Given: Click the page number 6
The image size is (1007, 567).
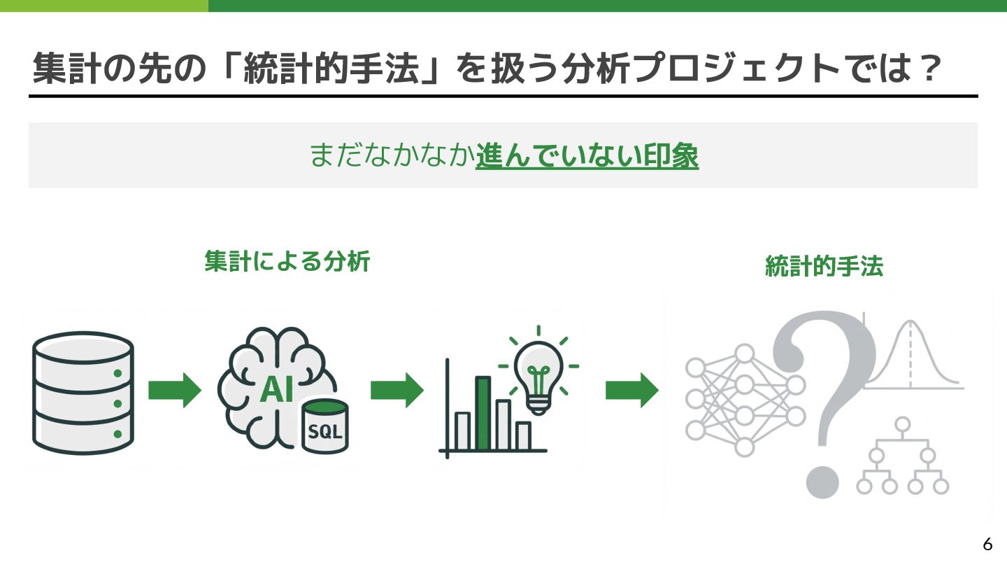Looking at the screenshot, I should coord(987,544).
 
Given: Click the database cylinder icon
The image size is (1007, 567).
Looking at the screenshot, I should coord(83,393).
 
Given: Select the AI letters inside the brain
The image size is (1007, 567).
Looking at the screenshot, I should coord(277,390).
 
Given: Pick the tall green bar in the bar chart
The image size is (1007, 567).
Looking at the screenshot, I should coord(483,413).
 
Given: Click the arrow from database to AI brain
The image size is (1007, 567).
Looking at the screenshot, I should coord(175,390).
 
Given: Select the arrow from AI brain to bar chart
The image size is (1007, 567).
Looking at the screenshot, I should coord(397,390).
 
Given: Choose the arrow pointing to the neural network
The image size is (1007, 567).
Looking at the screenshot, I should coord(631,390).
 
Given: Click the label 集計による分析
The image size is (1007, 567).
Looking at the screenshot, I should coord(287,262).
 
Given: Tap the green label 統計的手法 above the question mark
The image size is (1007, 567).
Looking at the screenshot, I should coord(824,267).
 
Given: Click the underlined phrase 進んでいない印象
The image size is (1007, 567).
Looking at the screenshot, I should coord(587,156).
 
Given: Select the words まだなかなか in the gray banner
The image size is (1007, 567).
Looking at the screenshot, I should coord(392,156).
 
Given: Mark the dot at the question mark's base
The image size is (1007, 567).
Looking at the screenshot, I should coord(822,482).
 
